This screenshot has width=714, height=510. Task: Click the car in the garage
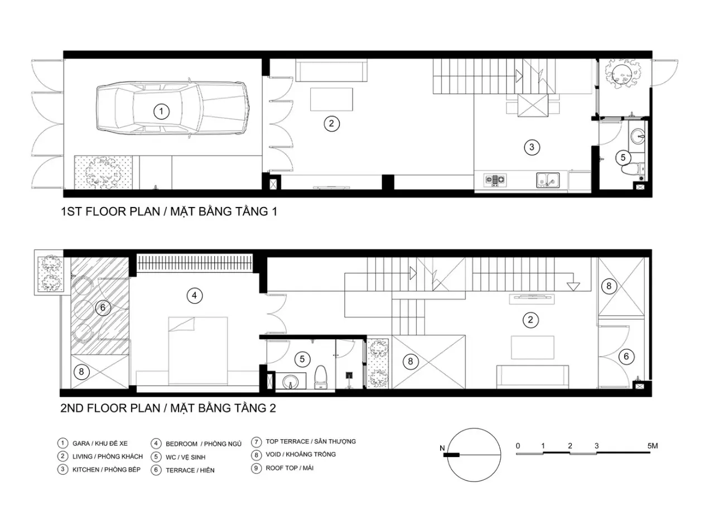point(173,108)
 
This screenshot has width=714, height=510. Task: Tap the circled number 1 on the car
point(161,112)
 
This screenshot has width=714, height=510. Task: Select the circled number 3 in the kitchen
point(532,147)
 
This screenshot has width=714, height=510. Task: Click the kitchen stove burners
point(495,180)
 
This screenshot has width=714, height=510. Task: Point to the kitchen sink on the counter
point(548,180)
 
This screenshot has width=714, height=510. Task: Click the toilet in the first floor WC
point(633,169)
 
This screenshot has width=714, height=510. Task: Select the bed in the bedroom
point(198,350)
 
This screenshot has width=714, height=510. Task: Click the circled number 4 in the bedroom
point(195,296)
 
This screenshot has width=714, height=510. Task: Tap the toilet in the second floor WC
point(321,377)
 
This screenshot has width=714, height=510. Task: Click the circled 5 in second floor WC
point(302,359)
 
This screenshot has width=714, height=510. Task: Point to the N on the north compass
point(442,448)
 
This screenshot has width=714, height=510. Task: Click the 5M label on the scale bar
point(653,446)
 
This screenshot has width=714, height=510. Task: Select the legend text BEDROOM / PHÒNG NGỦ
point(204,444)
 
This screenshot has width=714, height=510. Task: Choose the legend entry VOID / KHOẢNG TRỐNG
point(301,454)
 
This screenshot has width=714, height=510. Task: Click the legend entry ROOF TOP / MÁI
point(290,468)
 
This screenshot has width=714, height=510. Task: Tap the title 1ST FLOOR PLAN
point(110,211)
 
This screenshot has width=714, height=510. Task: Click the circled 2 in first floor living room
point(331,123)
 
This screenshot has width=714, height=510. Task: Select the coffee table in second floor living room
point(533,348)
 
